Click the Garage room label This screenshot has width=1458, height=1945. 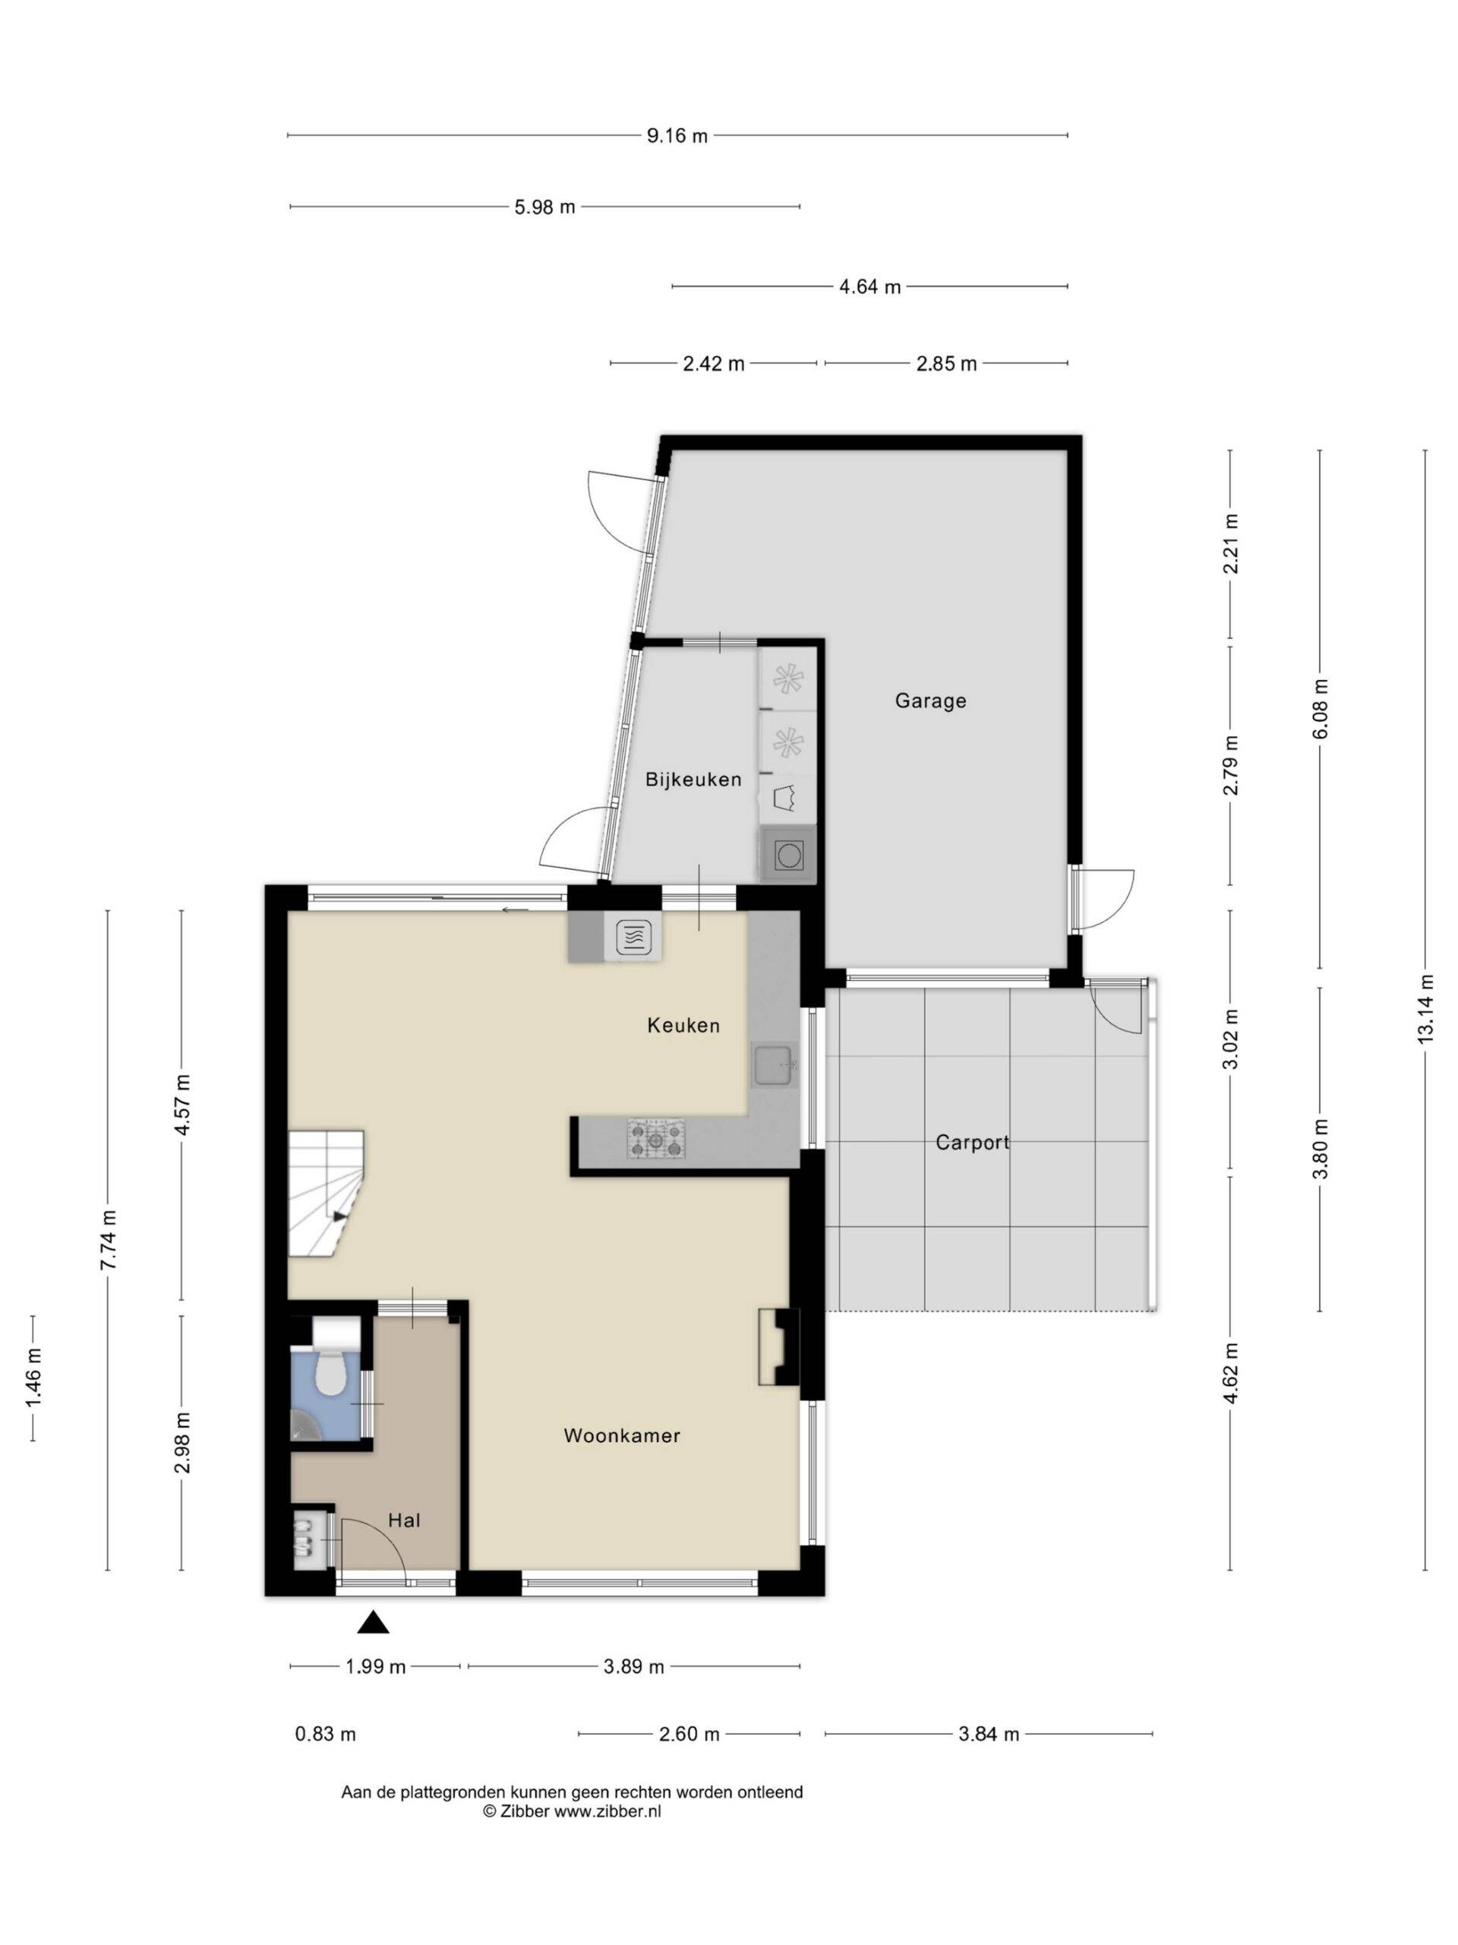(x=929, y=701)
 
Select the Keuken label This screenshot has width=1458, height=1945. (x=683, y=1025)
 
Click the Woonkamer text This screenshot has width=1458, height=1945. (x=622, y=1436)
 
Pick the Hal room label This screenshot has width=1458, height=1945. (x=404, y=1520)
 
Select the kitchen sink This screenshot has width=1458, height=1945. (x=775, y=1067)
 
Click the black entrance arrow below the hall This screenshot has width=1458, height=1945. (x=373, y=1622)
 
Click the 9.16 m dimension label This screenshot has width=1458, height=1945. (x=677, y=136)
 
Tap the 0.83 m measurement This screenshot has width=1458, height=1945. (x=325, y=1734)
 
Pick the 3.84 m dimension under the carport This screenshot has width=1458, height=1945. (x=988, y=1734)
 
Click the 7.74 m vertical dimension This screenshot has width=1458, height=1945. (x=107, y=1239)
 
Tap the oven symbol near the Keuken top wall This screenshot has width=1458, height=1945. (x=633, y=938)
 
